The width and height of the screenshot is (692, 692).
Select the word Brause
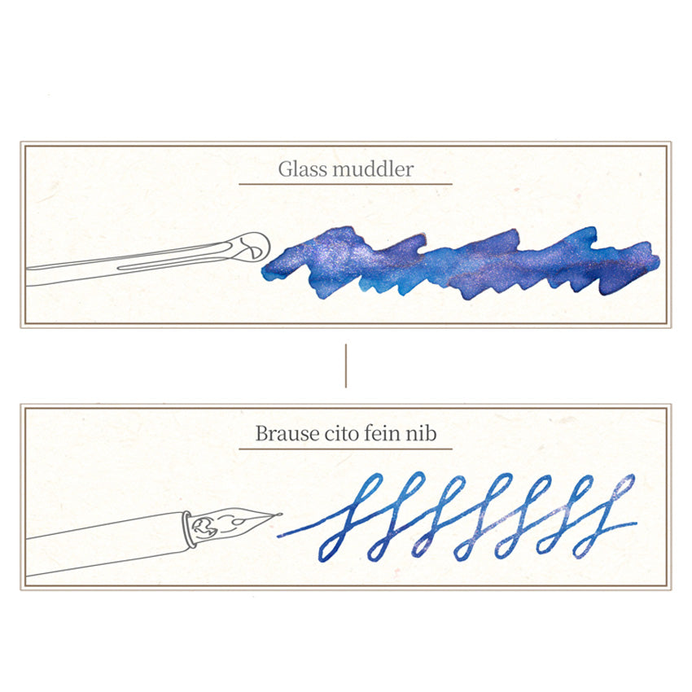pyautogui.click(x=287, y=433)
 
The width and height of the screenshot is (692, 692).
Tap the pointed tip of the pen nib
pyautogui.click(x=281, y=515)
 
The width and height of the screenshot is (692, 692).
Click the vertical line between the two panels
pyautogui.click(x=345, y=366)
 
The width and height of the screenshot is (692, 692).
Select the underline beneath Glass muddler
pyautogui.click(x=345, y=184)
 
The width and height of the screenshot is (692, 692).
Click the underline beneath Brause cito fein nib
pyautogui.click(x=345, y=449)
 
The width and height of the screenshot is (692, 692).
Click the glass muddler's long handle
pyautogui.click(x=133, y=264)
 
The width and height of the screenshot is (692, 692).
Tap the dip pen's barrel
pyautogui.click(x=106, y=544)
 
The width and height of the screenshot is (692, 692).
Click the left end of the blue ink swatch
pyautogui.click(x=264, y=271)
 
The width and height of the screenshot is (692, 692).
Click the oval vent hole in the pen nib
pyautogui.click(x=239, y=522)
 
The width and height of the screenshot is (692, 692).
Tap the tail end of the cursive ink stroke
pyautogui.click(x=636, y=523)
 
